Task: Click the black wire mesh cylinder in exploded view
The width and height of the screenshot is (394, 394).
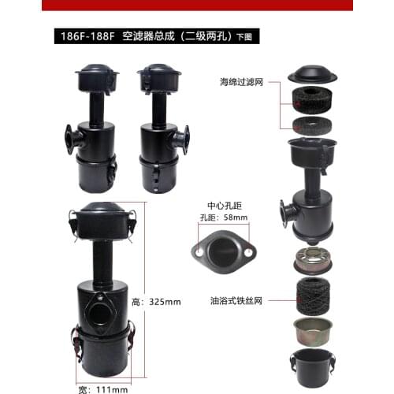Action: click(314, 292)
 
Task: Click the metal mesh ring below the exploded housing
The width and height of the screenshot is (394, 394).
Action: click(314, 258)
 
